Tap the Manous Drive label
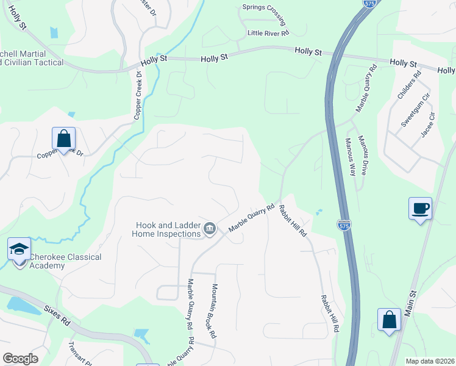[364, 155]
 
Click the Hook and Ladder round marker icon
[210, 229]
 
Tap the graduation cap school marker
[20, 249]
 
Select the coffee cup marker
[421, 209]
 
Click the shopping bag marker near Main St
[389, 320]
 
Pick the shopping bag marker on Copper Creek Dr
[63, 138]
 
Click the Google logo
[20, 359]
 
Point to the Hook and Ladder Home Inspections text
[168, 229]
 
